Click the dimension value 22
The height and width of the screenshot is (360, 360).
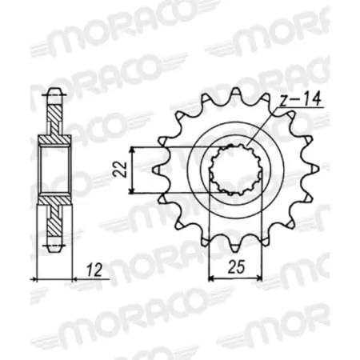click(x=119, y=169)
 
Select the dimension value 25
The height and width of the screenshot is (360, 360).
click(x=236, y=267)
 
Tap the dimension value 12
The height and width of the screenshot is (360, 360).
click(x=94, y=270)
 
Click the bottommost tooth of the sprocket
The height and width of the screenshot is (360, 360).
click(x=235, y=246)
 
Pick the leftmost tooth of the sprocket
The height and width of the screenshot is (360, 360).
click(x=158, y=170)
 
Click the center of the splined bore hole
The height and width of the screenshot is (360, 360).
click(x=235, y=170)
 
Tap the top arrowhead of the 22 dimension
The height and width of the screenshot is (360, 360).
click(x=131, y=150)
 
